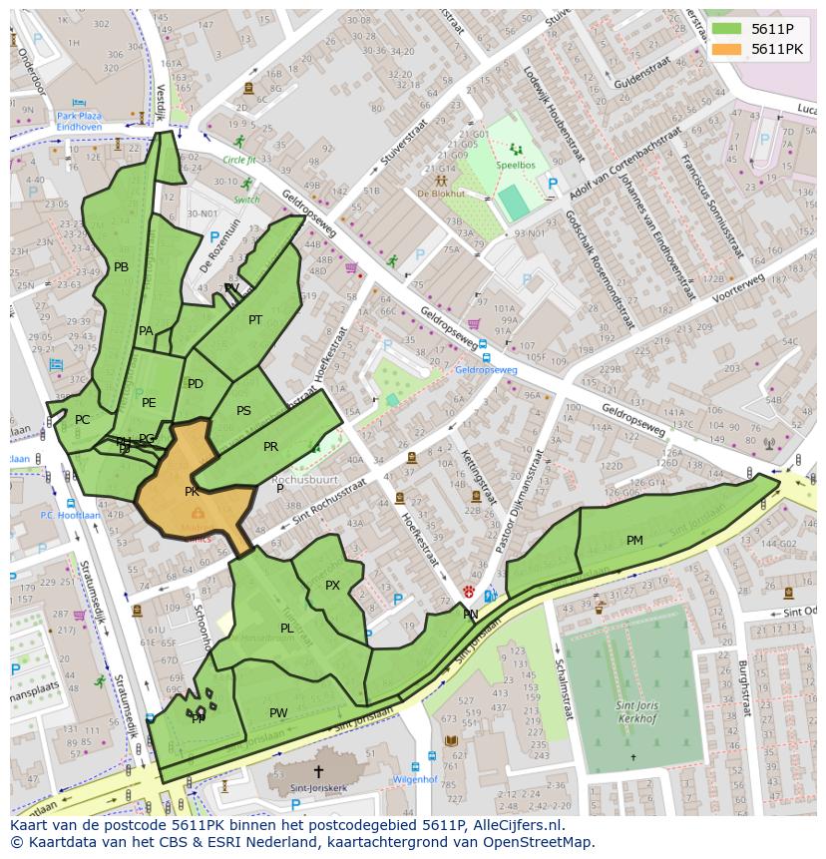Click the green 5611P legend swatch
pos(727,29)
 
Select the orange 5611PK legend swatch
pos(727,49)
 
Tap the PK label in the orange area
pos(192,492)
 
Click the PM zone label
pos(634,541)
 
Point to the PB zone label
pos(121,267)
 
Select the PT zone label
pos(255,320)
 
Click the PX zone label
pos(332,586)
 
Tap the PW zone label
pos(278,713)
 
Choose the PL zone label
pos(286,629)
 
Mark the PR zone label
pos(270,447)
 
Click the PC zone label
pos(82,420)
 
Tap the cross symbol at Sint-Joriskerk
pos(318,771)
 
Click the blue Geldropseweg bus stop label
pos(486,370)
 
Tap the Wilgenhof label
pos(415,779)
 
